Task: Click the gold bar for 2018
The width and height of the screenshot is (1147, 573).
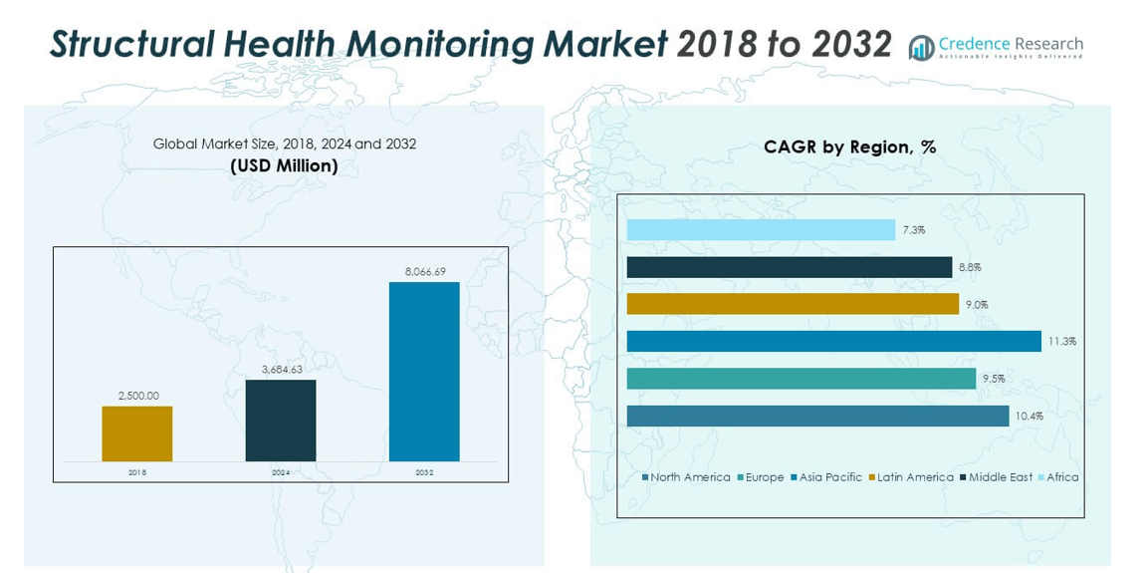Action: [x=136, y=433]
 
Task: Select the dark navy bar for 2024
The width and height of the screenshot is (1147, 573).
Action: [x=281, y=421]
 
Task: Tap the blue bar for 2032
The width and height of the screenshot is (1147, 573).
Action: [x=424, y=372]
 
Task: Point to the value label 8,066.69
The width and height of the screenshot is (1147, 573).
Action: [x=425, y=271]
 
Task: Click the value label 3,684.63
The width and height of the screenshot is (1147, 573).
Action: [x=281, y=370]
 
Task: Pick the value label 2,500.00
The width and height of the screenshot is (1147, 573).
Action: [x=137, y=396]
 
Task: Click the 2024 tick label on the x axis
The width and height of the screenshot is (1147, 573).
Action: [x=281, y=472]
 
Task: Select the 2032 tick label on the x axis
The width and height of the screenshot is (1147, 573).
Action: [x=424, y=472]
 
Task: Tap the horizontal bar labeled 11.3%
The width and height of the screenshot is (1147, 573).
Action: [x=833, y=342]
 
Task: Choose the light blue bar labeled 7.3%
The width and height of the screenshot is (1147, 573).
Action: [x=761, y=230]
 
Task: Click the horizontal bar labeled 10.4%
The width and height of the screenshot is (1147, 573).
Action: [x=817, y=416]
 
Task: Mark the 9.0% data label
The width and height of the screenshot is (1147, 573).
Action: [x=976, y=305]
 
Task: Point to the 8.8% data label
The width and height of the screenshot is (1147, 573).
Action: [x=970, y=267]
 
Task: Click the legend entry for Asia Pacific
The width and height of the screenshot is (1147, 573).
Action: [x=826, y=477]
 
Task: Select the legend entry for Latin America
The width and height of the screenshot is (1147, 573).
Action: [x=911, y=477]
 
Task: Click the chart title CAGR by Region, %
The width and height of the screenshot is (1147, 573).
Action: [x=849, y=147]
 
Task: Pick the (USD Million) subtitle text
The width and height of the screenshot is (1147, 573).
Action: [x=285, y=165]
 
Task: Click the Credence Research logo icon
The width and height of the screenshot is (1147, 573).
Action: [x=922, y=47]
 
